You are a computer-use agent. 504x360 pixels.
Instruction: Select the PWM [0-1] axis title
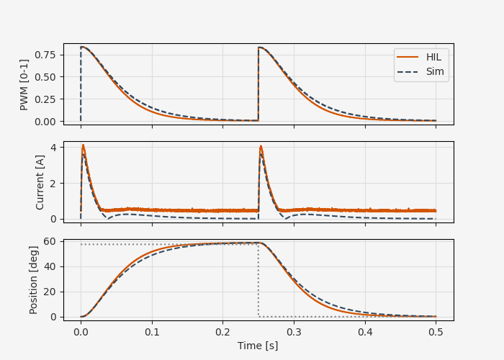(x=24, y=84)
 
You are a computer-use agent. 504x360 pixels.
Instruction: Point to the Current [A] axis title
(x=40, y=182)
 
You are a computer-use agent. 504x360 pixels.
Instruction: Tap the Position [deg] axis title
(x=33, y=280)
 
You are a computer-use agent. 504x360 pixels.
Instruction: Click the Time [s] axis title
(x=258, y=346)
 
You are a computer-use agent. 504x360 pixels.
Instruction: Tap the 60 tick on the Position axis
(x=50, y=241)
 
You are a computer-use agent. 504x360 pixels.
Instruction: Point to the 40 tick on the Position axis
(x=50, y=266)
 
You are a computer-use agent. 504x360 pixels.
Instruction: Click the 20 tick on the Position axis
(x=50, y=292)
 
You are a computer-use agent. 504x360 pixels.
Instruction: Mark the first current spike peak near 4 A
(x=83, y=145)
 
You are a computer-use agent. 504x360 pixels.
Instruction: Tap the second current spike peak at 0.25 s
(x=261, y=147)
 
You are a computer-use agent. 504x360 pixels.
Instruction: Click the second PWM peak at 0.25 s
(x=259, y=48)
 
